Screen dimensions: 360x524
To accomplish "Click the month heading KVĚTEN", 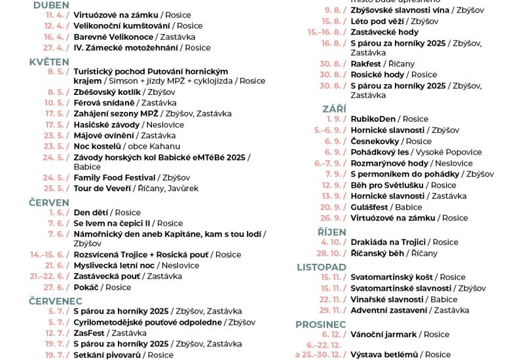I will click(49, 62).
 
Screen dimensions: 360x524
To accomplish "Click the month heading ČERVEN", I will click(49, 203).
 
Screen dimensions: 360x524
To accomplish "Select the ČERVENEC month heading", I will click(56, 301).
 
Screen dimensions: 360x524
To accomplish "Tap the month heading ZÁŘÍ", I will click(334, 109).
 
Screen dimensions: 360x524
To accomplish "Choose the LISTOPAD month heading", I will click(322, 267).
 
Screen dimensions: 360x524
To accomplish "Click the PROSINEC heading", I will click(320, 325).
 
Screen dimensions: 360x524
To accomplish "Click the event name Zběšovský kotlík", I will click(107, 92).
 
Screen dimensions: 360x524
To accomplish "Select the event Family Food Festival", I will click(115, 177).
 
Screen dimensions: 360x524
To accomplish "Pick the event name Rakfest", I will click(365, 64).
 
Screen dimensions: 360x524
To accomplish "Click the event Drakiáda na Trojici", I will click(388, 242).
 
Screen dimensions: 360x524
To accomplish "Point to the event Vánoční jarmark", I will click(383, 334).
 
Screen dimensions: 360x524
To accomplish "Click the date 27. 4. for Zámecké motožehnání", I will click(57, 48).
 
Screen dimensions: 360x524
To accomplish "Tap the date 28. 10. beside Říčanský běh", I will click(331, 253).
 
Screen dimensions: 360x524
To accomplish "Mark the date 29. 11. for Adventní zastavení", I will click(332, 310).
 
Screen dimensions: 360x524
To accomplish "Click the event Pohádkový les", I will click(379, 152).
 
